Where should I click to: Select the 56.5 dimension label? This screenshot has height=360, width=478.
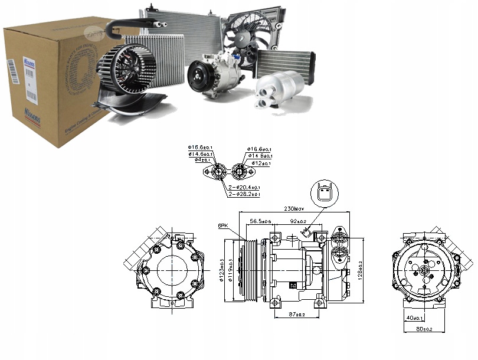260,221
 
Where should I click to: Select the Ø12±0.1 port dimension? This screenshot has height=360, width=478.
260,163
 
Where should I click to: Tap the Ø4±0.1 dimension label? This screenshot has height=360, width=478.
199,160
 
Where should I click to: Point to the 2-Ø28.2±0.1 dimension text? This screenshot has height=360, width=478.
245,194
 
